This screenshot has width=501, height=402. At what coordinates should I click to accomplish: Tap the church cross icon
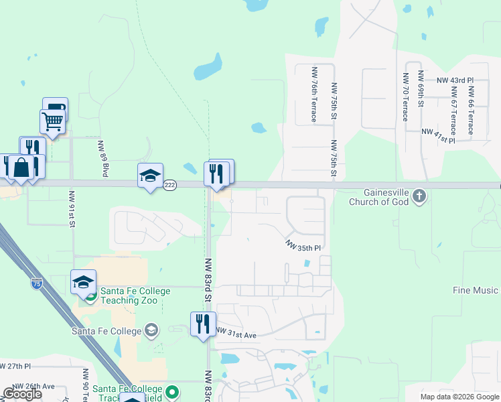419,196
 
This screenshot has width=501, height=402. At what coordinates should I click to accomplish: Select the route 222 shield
170,186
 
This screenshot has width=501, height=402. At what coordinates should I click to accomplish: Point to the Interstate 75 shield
35,284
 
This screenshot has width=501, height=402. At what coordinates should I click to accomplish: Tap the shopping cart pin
52,121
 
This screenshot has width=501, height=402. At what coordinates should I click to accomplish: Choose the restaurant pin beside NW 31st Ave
203,324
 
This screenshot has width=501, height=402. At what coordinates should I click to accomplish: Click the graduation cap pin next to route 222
150,176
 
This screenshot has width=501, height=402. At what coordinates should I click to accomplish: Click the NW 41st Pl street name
439,137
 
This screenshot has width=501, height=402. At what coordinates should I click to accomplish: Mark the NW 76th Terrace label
313,94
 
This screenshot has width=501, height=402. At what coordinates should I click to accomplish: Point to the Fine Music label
476,290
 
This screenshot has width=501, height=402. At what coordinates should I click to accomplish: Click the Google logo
22,394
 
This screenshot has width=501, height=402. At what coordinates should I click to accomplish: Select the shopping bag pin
22,167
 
